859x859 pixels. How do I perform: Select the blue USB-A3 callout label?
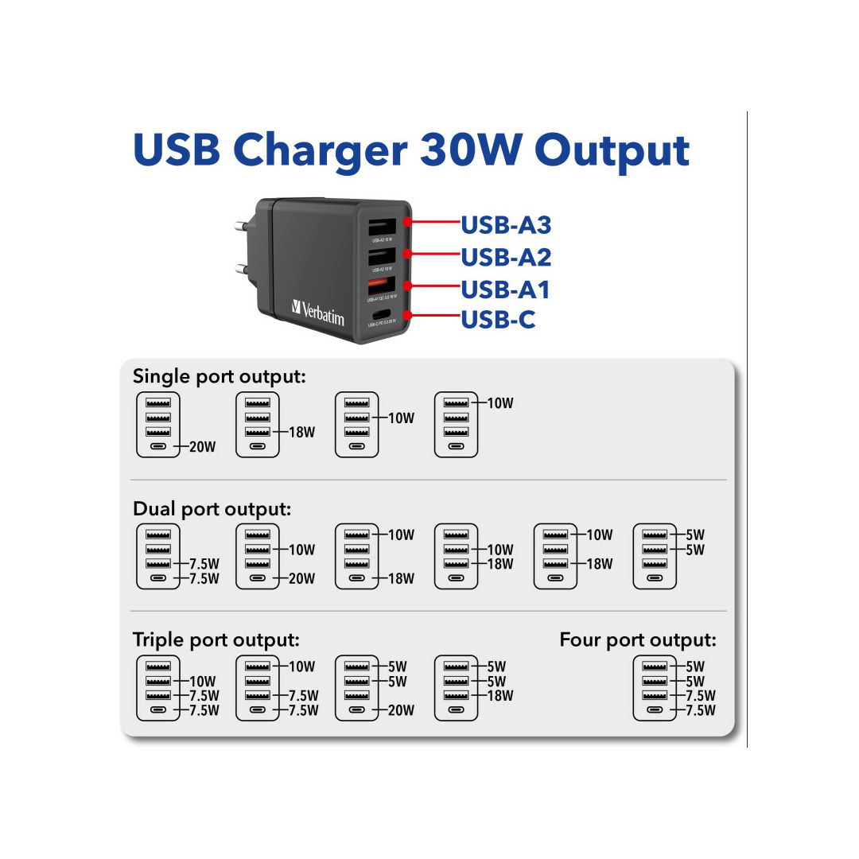coord(506,225)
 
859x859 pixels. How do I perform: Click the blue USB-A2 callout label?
coord(506,257)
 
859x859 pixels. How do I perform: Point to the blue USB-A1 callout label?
coord(506,289)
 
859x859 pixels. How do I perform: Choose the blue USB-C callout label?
coord(498,320)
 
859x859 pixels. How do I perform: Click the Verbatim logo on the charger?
coord(318,312)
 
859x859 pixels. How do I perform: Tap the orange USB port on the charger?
coord(379,284)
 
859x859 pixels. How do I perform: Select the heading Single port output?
coord(219,376)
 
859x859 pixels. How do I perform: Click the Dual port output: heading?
coord(212,508)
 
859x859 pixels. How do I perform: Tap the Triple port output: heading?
coord(216,639)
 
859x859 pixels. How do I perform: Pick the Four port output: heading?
coord(638,639)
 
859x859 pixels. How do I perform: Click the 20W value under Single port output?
coord(202,447)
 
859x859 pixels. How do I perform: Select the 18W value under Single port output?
coord(301,433)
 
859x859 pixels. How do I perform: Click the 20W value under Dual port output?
coord(301,579)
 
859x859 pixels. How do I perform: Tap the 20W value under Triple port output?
coord(401,710)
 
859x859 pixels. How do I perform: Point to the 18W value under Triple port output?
coord(500,696)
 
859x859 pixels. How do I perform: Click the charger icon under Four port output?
coord(655,688)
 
